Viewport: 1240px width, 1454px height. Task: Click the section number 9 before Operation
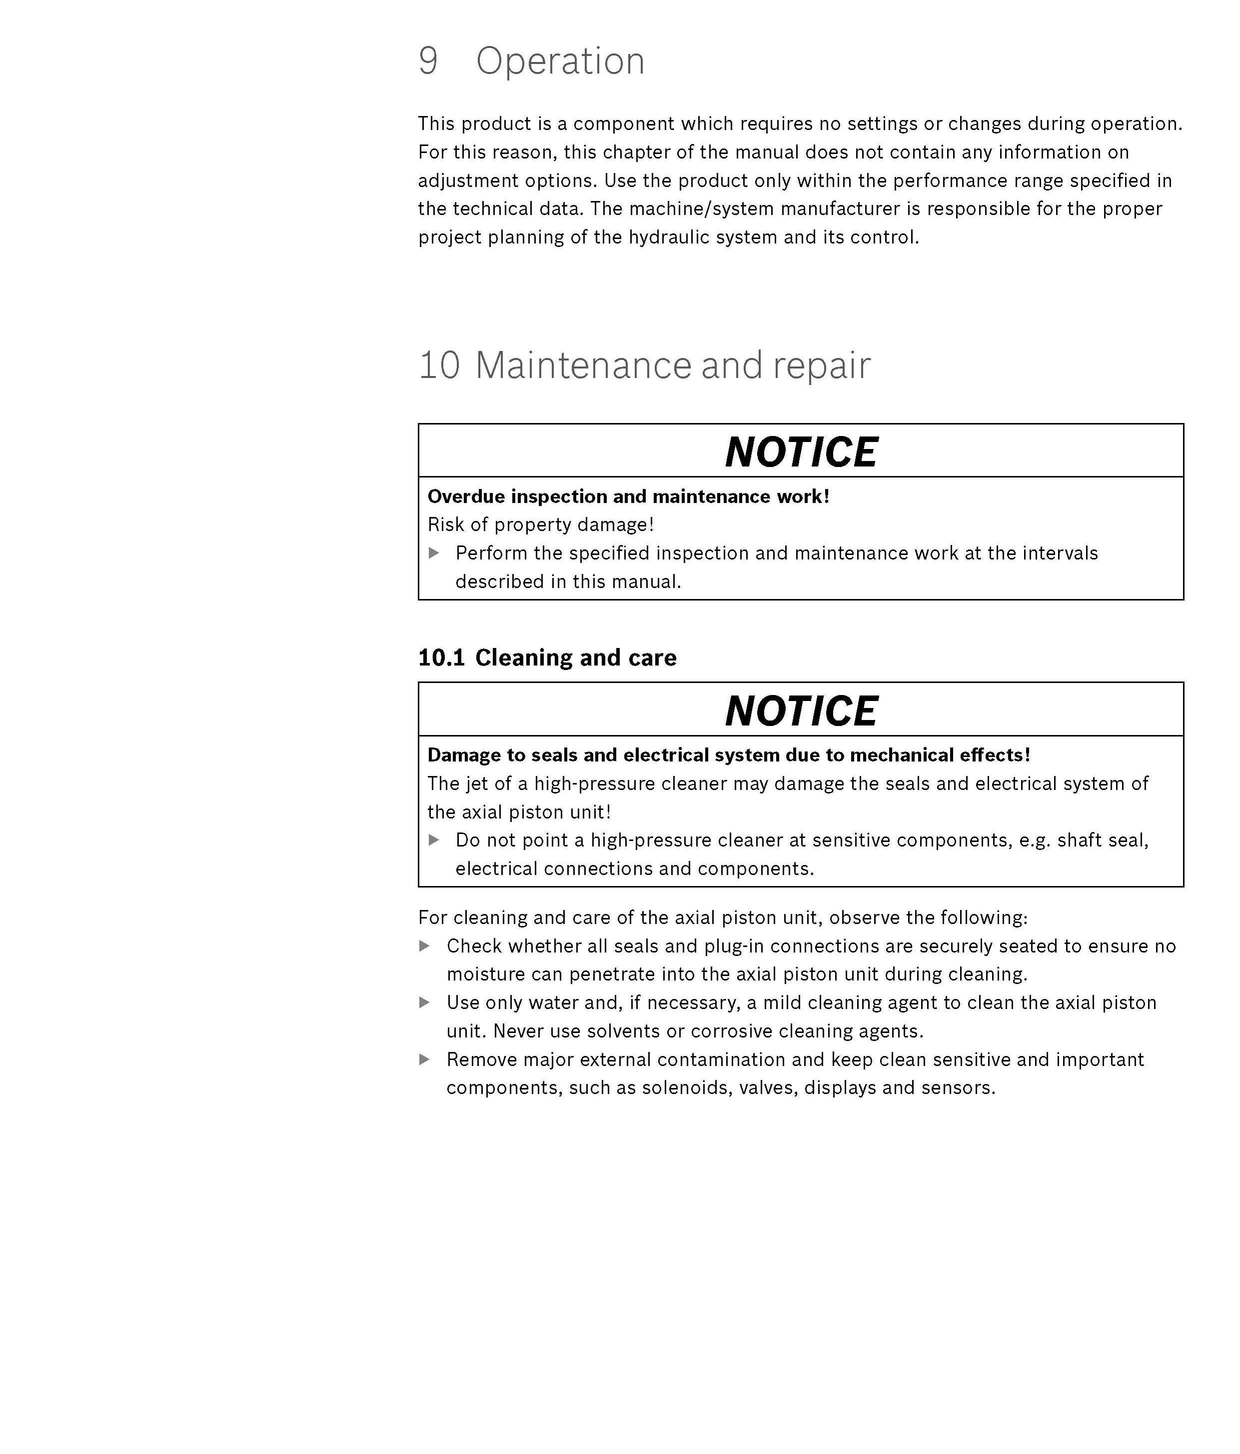[428, 61]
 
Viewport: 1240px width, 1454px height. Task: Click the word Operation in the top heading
[560, 61]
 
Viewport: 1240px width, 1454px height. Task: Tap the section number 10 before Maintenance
[439, 365]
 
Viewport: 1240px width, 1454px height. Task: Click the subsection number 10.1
[441, 657]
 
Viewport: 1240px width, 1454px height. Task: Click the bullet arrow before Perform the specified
[434, 553]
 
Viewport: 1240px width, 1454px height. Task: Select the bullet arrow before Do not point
[434, 839]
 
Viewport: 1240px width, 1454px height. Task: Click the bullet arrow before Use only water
[424, 1002]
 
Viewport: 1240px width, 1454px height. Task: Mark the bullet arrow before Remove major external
[424, 1059]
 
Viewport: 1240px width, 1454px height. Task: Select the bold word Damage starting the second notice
[461, 754]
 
